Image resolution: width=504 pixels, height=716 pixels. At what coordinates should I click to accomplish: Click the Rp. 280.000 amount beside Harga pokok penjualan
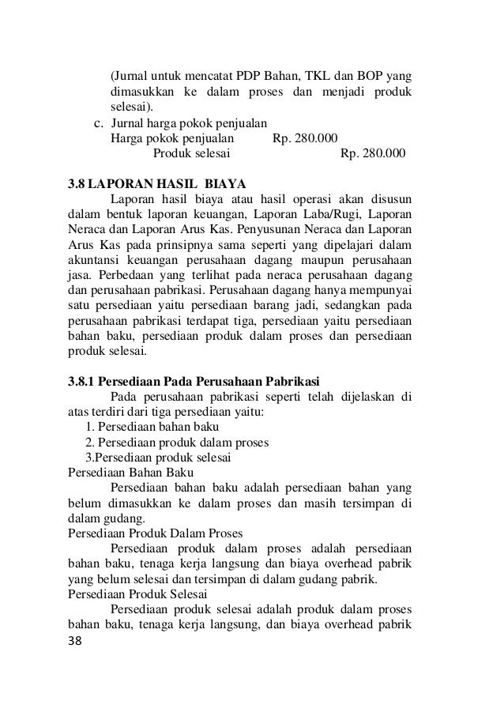coord(303,137)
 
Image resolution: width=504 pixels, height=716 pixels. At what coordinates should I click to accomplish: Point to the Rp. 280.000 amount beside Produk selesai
coord(371,152)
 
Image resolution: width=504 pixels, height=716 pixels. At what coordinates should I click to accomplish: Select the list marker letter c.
coord(99,122)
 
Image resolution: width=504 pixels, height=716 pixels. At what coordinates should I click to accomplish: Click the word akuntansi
coord(93,261)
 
